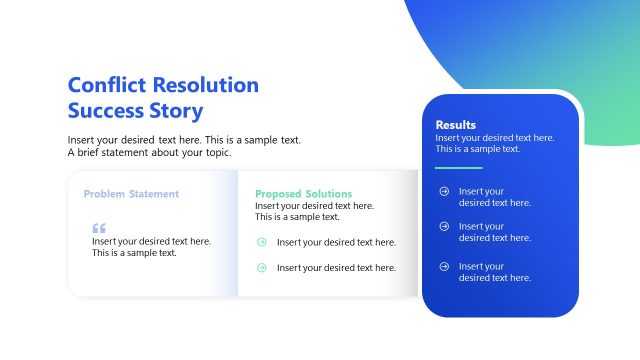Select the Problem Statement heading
131,194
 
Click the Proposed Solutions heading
303,194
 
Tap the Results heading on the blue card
456,125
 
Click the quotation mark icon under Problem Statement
98,228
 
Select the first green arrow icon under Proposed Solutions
262,242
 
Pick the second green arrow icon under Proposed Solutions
262,267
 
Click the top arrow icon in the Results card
444,191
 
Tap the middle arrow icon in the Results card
444,227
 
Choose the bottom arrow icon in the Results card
444,266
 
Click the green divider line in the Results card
459,168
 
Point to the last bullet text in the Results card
494,272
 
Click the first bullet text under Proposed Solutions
336,242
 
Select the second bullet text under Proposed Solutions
336,267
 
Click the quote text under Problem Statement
151,247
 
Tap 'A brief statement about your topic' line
149,153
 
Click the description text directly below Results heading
494,143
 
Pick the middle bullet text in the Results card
494,232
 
